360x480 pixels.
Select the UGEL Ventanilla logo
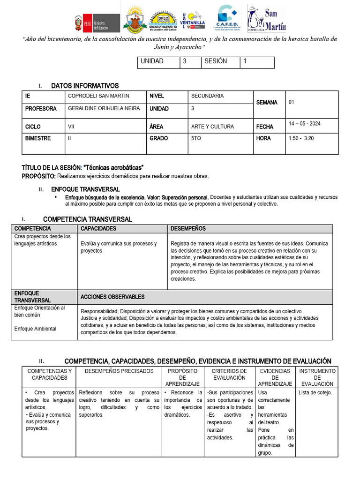192,19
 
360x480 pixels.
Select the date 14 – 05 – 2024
305,123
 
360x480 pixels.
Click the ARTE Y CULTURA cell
212,127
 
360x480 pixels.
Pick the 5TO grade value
197,139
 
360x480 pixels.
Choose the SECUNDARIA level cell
207,96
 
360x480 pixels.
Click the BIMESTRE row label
38,139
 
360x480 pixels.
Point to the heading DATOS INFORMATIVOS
85,86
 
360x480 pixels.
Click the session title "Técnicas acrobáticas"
113,168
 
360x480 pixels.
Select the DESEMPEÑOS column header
188,229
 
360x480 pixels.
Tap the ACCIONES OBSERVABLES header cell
112,297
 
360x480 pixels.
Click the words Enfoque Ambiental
35,329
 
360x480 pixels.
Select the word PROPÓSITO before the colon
38,176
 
